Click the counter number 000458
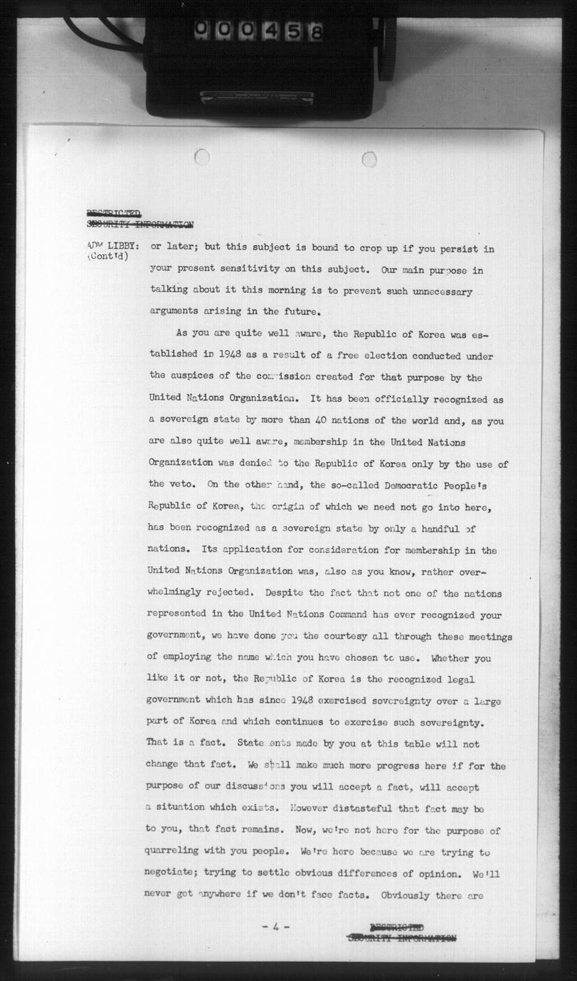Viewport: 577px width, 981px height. pyautogui.click(x=258, y=31)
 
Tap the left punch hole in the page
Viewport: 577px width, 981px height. pyautogui.click(x=201, y=157)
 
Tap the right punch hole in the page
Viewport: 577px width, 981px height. pyautogui.click(x=369, y=159)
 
